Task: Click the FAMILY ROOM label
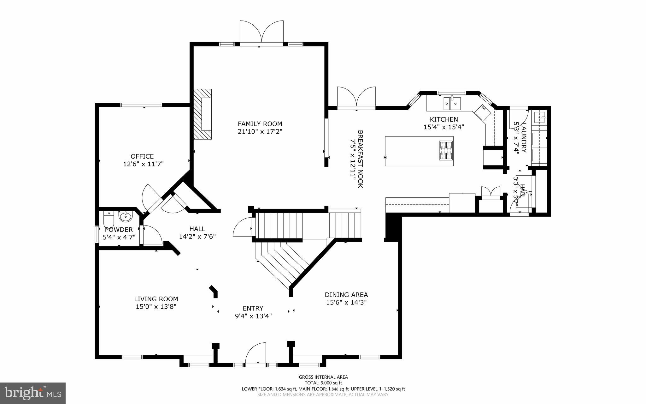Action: click(260, 124)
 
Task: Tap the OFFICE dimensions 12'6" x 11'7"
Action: click(143, 164)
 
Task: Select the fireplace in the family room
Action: click(203, 114)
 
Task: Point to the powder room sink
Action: click(126, 216)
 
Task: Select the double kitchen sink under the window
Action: click(452, 103)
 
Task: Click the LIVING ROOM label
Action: click(156, 299)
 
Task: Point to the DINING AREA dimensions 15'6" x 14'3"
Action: click(346, 302)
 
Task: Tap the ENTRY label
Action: click(253, 308)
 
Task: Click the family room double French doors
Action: click(261, 32)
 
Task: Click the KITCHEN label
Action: click(444, 119)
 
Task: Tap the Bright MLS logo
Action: click(33, 393)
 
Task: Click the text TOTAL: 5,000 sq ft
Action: click(323, 383)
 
